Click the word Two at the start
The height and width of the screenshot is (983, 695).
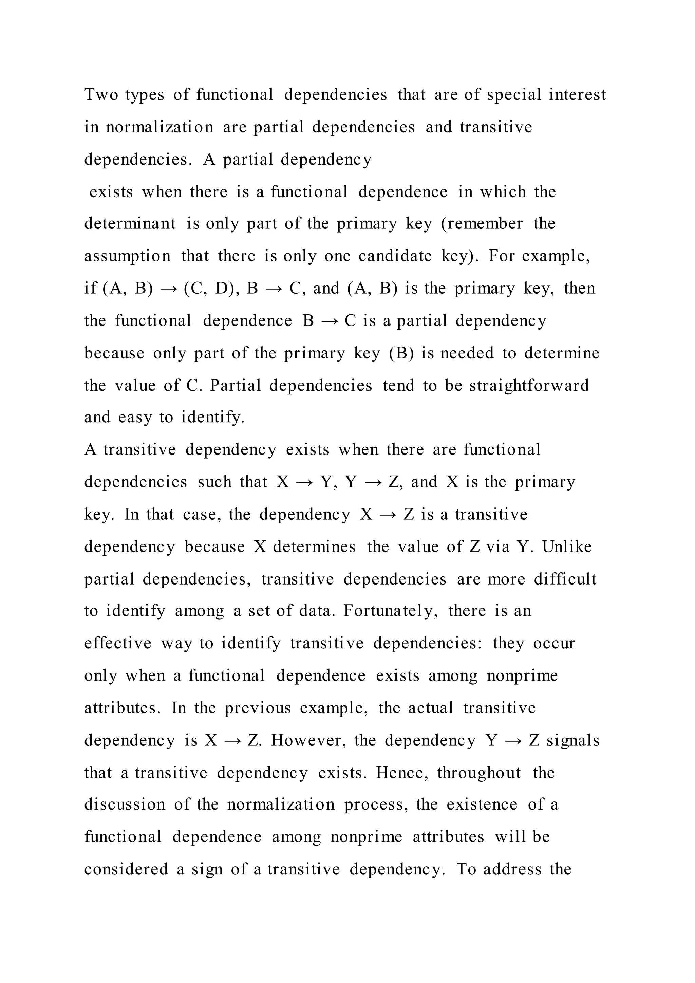[x=101, y=95]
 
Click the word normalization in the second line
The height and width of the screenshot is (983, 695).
[x=159, y=127]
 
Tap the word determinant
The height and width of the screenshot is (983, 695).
[x=130, y=223]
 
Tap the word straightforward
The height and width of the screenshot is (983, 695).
[x=529, y=386]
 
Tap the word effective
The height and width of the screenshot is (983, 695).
[x=118, y=644]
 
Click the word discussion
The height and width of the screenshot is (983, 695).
[x=125, y=804]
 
